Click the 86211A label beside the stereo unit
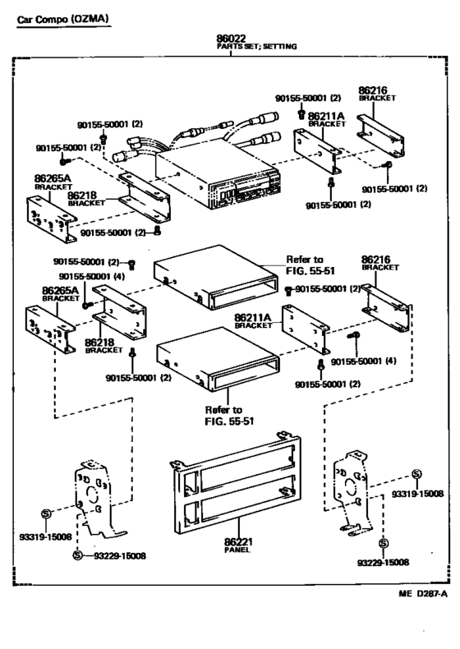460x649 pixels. (326, 117)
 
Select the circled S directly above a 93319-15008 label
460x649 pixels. (46, 513)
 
